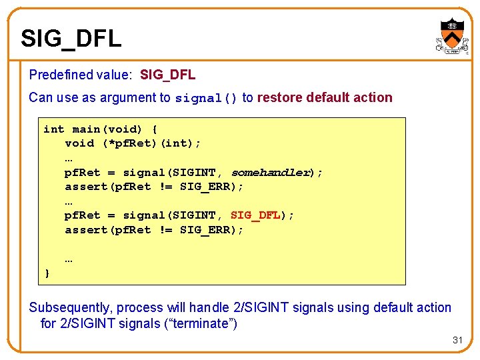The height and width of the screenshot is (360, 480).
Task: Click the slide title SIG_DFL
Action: tap(71, 38)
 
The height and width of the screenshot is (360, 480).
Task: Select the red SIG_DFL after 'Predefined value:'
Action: tap(167, 75)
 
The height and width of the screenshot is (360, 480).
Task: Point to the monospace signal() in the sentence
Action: tap(206, 98)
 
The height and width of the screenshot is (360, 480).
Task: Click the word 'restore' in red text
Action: tap(279, 97)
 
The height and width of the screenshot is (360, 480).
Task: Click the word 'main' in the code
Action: tap(86, 129)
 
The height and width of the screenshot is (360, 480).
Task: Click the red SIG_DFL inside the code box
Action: tap(255, 215)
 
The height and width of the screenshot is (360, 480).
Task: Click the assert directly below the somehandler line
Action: tap(85, 187)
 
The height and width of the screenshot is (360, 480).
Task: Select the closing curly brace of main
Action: tap(47, 273)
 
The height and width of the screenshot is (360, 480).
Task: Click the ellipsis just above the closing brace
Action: tap(69, 259)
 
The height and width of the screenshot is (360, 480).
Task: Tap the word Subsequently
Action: tap(71, 307)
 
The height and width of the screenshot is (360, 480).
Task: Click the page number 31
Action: tap(457, 340)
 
